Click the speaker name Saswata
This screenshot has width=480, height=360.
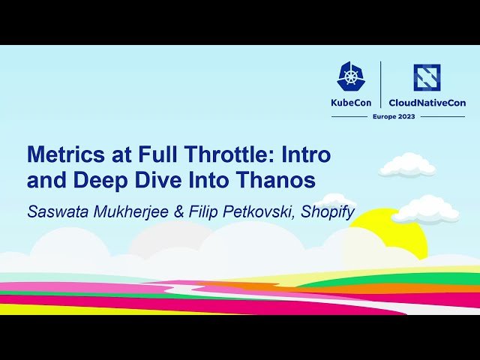[57, 211]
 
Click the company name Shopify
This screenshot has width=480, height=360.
[327, 211]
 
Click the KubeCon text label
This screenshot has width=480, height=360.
[351, 103]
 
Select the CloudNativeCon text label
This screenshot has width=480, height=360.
[426, 103]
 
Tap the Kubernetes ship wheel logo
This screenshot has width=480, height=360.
[351, 76]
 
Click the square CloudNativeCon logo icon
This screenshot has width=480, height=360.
[426, 77]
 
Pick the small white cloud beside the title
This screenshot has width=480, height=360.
[407, 166]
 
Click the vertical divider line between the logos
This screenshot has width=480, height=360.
[381, 84]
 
